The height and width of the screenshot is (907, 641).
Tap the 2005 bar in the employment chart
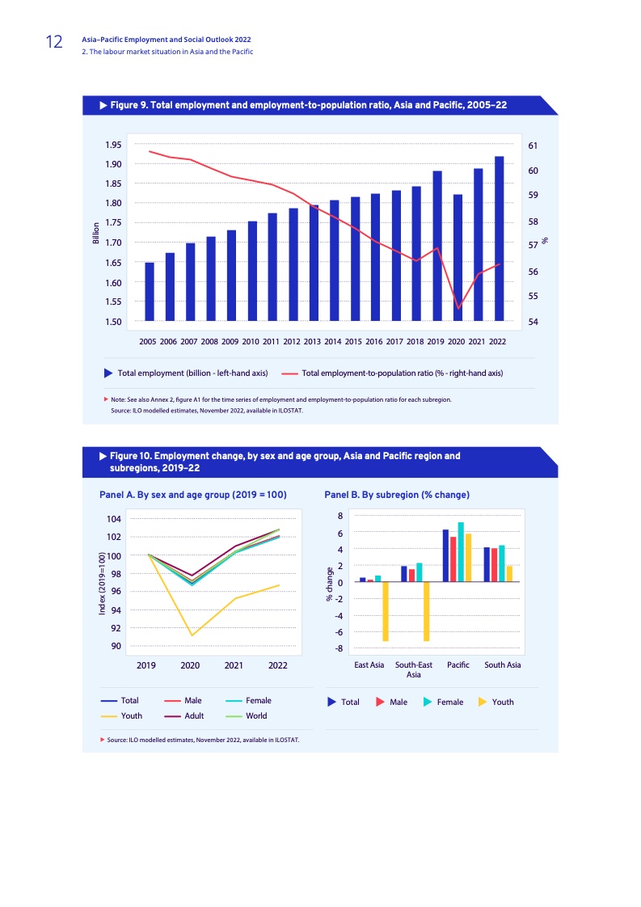click(x=149, y=291)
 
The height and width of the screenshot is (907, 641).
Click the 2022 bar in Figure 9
click(x=500, y=238)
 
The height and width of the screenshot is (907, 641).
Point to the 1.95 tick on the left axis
click(x=113, y=145)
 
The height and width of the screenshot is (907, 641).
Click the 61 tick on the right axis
click(x=533, y=146)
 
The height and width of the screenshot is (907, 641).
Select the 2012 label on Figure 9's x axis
click(x=292, y=342)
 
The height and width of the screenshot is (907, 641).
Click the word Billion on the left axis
click(x=95, y=233)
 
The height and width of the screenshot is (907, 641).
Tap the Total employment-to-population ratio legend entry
click(x=402, y=373)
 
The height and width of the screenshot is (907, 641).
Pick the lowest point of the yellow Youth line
click(x=191, y=635)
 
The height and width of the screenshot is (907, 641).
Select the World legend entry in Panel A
click(x=256, y=715)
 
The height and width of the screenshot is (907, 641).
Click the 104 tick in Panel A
click(x=114, y=519)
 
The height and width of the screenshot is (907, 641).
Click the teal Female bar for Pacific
click(x=461, y=551)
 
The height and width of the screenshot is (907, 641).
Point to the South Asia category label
click(x=502, y=665)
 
